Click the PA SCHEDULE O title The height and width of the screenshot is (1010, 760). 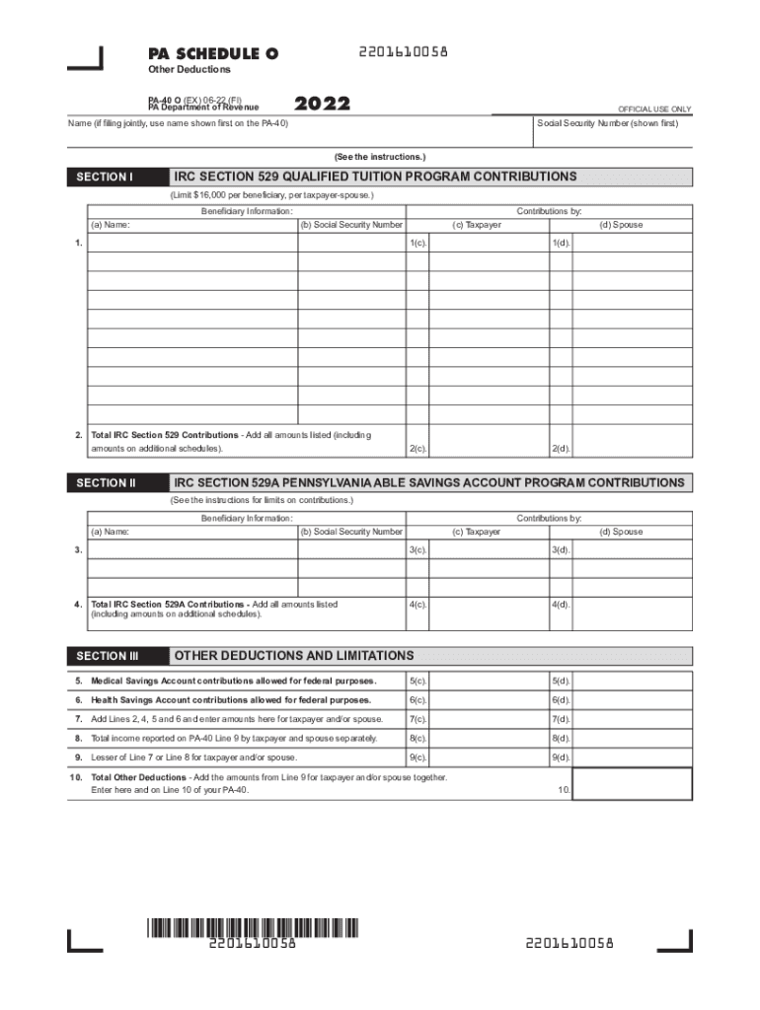212,53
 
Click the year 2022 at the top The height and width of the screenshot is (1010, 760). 323,104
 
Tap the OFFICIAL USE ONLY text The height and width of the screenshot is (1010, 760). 654,108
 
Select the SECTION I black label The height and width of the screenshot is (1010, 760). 105,178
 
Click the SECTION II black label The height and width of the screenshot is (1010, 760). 105,483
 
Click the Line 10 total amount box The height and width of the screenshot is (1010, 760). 633,784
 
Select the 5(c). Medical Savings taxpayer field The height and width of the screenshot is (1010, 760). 489,682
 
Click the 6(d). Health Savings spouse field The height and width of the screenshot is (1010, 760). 633,700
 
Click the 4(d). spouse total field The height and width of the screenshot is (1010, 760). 633,608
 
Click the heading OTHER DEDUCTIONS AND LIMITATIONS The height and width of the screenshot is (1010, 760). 294,656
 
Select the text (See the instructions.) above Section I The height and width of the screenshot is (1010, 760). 380,157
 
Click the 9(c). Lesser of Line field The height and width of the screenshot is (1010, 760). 489,757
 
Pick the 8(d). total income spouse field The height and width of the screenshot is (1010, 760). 633,738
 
